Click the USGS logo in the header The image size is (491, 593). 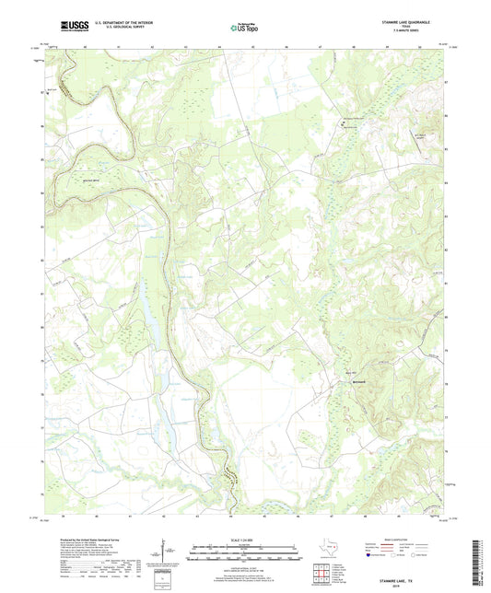point(70,26)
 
